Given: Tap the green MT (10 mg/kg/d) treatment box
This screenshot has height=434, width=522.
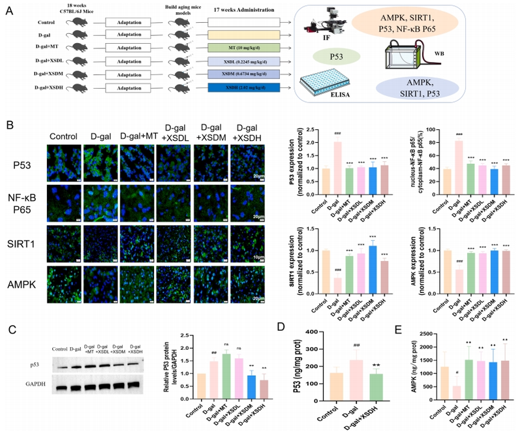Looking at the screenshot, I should [244, 48].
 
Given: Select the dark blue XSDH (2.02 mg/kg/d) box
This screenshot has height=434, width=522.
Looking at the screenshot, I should [244, 87].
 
